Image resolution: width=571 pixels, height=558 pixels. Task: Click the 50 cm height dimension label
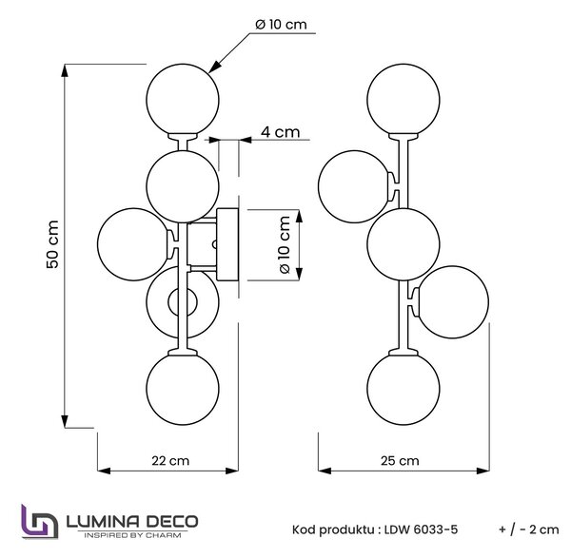click(52, 244)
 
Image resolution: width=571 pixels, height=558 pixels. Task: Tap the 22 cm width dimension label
click(170, 461)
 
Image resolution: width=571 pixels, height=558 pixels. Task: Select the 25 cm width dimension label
click(400, 461)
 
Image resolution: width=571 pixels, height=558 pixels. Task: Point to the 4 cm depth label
click(280, 132)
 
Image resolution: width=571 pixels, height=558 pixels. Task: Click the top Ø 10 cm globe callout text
click(281, 25)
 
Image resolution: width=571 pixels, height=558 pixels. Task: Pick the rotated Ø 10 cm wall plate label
click(285, 245)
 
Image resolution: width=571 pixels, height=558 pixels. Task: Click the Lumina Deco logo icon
click(40, 521)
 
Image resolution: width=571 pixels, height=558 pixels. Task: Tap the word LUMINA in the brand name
click(103, 522)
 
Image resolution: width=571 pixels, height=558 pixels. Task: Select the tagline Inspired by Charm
click(132, 535)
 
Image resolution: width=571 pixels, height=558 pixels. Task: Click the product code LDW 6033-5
click(421, 529)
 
